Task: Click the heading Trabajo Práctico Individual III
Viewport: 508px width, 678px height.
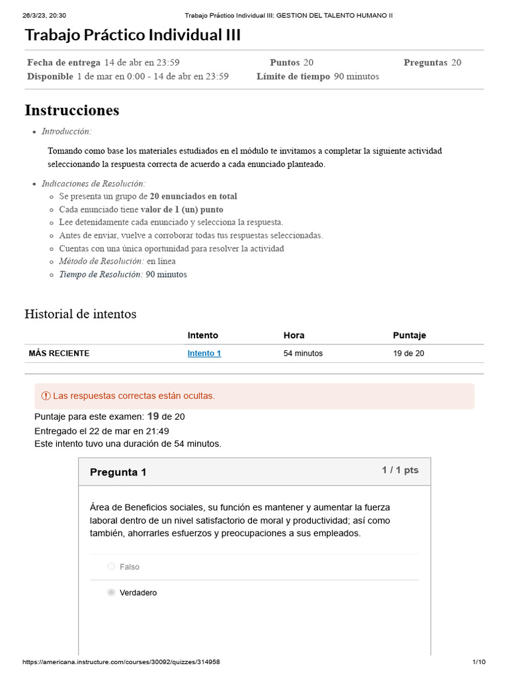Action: tap(132, 35)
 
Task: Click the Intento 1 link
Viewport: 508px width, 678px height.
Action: tap(204, 354)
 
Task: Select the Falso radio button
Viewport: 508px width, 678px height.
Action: tap(111, 567)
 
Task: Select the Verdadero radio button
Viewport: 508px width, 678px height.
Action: tap(111, 593)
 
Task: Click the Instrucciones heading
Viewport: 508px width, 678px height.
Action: tap(71, 110)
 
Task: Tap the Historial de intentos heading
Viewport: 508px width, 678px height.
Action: tap(80, 314)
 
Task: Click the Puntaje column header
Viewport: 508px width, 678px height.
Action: tap(409, 336)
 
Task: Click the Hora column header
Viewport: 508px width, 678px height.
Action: tap(294, 336)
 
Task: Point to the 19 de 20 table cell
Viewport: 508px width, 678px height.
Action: tap(408, 354)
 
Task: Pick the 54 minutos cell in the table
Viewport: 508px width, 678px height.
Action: tap(303, 354)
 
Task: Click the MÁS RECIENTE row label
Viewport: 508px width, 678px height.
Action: tap(59, 354)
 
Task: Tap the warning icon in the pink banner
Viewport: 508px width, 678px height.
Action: tap(46, 396)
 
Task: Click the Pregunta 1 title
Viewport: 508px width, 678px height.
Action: tap(118, 472)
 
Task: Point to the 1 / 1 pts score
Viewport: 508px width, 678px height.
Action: tap(400, 470)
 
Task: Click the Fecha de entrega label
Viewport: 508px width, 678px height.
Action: tap(63, 63)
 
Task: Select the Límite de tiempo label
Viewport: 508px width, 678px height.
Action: tap(293, 76)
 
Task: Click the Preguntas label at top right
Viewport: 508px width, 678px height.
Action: tap(425, 63)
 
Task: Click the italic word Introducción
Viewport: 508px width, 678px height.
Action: tap(66, 131)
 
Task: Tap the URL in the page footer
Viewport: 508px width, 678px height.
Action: tap(121, 662)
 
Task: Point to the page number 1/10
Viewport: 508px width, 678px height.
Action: tap(479, 662)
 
